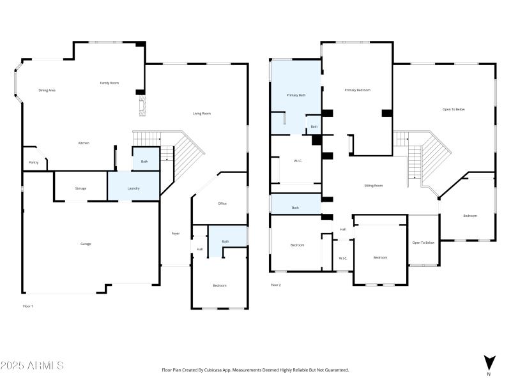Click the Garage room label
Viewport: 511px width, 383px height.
[x=86, y=244]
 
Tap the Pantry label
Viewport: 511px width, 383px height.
[x=33, y=163]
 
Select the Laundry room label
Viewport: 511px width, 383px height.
[x=133, y=188]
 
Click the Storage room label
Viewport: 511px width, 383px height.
[x=80, y=188]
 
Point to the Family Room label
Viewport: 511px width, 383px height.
[x=109, y=83]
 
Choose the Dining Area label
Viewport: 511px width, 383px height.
[x=47, y=90]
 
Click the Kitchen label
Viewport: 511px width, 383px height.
[x=84, y=143]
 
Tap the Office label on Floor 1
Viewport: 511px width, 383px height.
[x=222, y=204]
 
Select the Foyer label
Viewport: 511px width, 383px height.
[x=176, y=234]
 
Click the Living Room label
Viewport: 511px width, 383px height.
[x=202, y=114]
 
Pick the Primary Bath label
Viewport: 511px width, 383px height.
[x=296, y=95]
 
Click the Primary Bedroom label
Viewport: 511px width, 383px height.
[x=357, y=90]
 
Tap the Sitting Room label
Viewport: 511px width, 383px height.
[x=374, y=186]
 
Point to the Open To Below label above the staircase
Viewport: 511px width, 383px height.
[x=454, y=110]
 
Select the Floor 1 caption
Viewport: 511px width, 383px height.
[x=27, y=306]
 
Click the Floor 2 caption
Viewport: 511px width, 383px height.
[x=275, y=285]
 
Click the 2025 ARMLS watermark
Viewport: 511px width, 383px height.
[x=32, y=366]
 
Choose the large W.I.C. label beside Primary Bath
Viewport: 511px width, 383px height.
[x=298, y=161]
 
